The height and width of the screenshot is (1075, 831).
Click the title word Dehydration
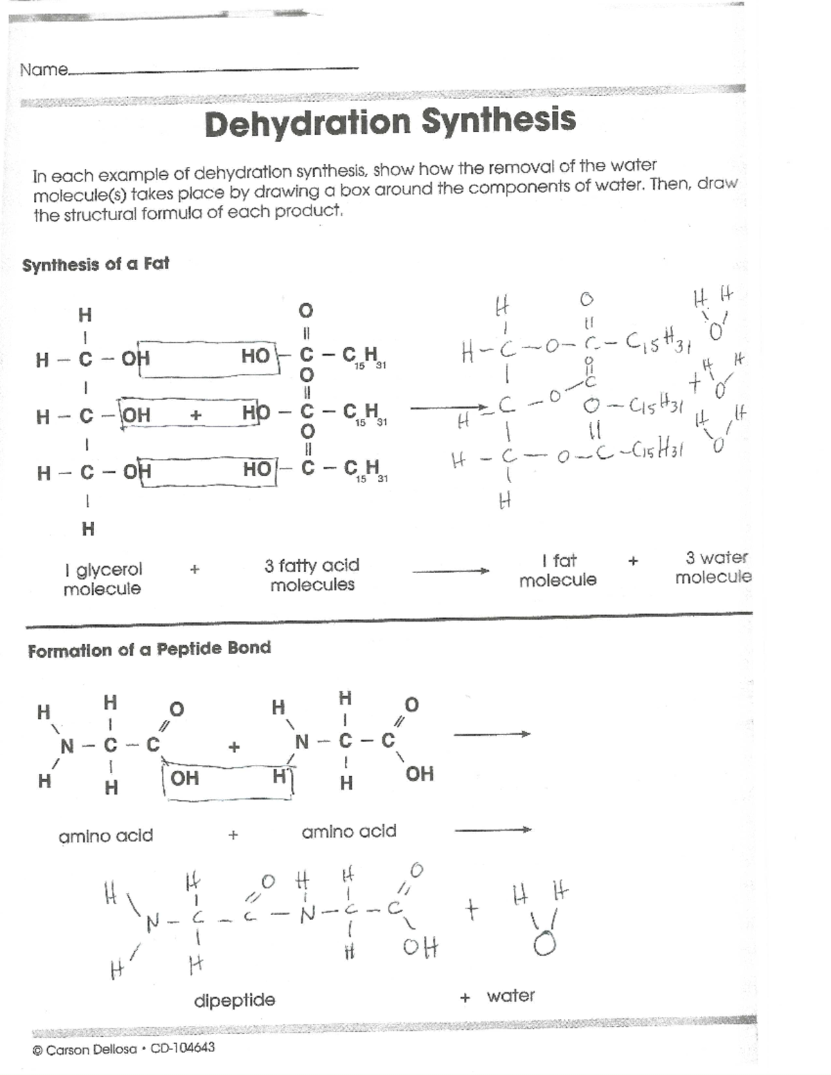(307, 123)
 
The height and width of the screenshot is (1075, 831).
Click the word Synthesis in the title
(499, 119)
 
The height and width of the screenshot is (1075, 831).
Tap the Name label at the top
(44, 70)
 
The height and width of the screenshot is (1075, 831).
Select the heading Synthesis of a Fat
(96, 264)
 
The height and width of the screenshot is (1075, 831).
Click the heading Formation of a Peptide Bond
(149, 649)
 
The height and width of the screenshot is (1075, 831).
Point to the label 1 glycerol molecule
(102, 579)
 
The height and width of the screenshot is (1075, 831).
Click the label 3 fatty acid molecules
(312, 575)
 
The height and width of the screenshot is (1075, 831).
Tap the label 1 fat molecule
(558, 570)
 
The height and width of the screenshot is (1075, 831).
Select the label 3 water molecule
(714, 567)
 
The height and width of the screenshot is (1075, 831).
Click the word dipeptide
(234, 1000)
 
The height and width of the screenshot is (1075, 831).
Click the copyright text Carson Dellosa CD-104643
(124, 1049)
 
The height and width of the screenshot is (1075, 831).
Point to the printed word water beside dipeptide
(510, 995)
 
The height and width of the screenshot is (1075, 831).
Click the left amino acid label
(105, 835)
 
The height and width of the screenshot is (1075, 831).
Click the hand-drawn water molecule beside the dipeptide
(542, 921)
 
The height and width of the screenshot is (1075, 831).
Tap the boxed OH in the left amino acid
(184, 778)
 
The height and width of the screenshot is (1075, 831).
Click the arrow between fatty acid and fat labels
(450, 571)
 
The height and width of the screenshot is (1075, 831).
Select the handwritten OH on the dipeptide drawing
(420, 946)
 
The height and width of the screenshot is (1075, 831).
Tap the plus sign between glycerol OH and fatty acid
(196, 415)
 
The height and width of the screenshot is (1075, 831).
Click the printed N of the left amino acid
(67, 746)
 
